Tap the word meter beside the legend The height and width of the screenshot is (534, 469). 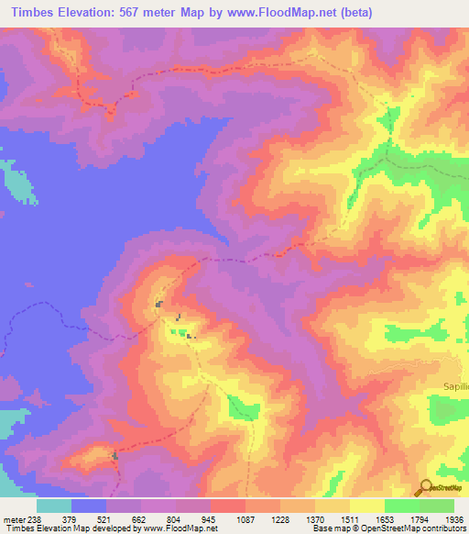point(12,518)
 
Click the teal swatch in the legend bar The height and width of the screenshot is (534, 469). point(53,506)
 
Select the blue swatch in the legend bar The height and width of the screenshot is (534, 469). point(88,506)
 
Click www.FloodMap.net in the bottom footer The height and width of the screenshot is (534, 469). point(189,528)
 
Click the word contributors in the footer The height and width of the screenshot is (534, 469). point(443,528)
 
